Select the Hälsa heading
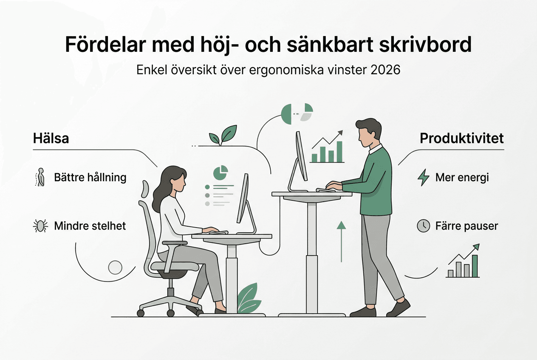tap(51, 138)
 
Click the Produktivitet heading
tap(462, 138)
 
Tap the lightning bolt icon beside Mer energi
tap(424, 177)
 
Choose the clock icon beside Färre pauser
tap(423, 225)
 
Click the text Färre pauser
tap(466, 225)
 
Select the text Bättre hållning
tap(90, 177)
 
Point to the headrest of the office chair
tap(144, 189)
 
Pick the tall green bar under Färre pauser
tap(475, 266)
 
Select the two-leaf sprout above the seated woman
tap(223, 135)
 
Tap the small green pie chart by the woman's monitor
tap(220, 172)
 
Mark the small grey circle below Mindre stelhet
tap(115, 267)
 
